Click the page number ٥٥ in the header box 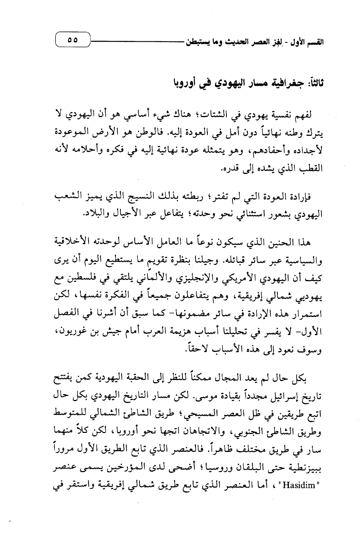(x=72, y=40)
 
